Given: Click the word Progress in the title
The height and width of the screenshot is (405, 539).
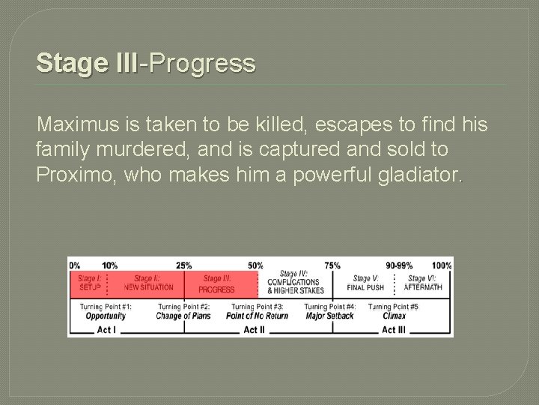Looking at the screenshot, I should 201,63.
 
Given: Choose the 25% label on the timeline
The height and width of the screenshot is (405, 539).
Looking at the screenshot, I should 183,265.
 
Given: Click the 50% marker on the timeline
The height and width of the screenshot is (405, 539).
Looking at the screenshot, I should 255,265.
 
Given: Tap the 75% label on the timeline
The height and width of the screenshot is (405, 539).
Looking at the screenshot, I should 332,265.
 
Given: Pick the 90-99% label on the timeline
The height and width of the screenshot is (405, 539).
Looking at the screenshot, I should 399,265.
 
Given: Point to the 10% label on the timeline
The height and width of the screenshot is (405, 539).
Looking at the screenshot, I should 109,265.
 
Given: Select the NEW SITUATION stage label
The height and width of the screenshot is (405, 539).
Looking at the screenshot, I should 148,287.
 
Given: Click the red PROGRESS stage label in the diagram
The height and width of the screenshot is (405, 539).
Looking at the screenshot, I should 216,289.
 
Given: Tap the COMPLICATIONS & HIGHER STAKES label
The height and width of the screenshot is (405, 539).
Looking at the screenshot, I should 296,286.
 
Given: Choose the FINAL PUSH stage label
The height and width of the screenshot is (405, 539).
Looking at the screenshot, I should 365,287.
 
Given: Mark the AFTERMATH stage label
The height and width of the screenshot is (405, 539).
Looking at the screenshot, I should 424,287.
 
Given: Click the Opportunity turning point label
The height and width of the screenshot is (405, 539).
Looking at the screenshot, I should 106,316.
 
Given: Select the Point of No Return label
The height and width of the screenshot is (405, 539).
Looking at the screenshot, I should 257,316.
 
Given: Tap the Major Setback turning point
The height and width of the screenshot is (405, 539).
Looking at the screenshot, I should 329,316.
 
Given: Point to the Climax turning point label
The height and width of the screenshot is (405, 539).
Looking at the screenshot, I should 394,316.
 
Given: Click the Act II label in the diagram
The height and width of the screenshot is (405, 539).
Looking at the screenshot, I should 255,329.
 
